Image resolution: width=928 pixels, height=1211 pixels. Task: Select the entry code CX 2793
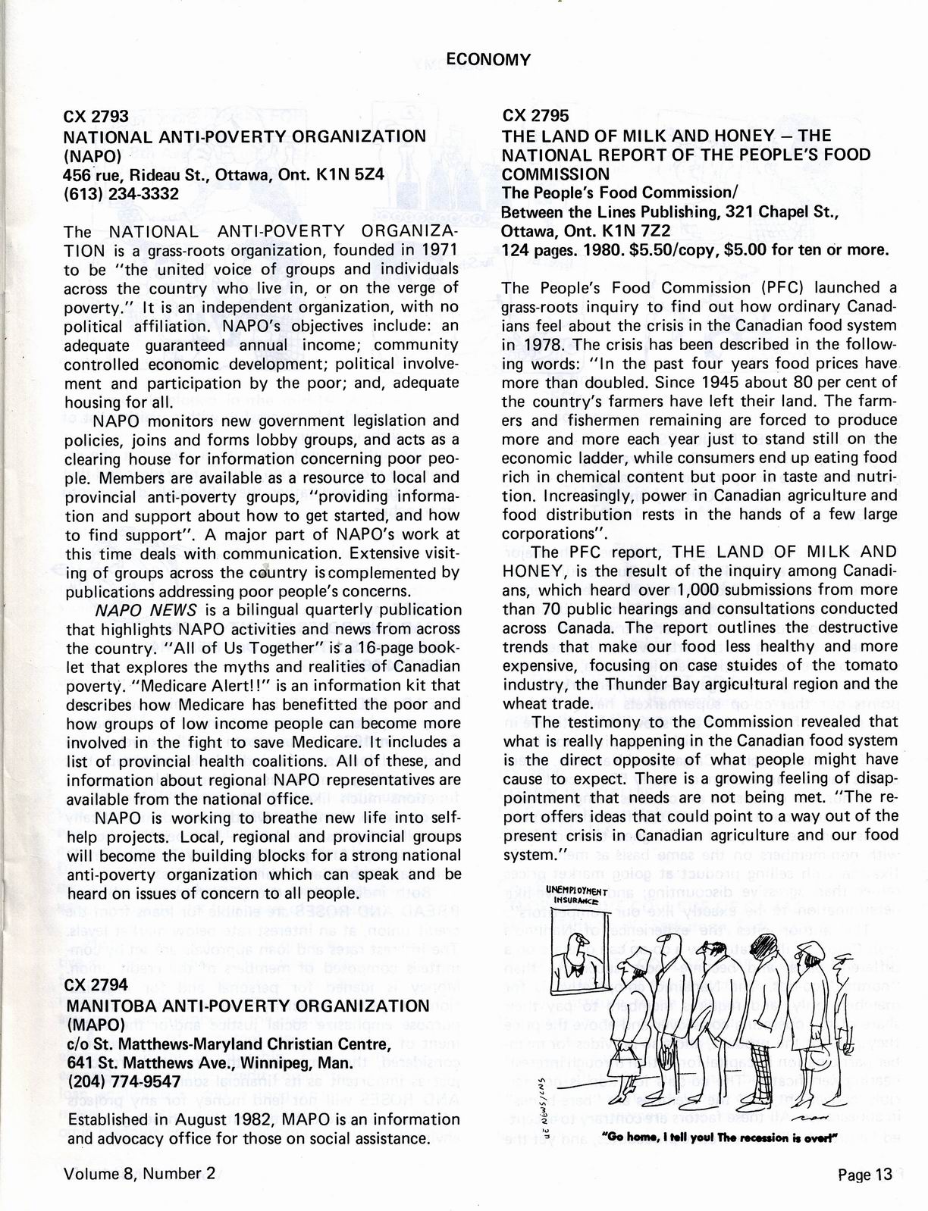coord(96,117)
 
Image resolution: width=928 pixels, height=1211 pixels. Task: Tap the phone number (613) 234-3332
coord(121,193)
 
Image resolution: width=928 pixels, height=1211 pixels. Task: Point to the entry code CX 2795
coord(536,117)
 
